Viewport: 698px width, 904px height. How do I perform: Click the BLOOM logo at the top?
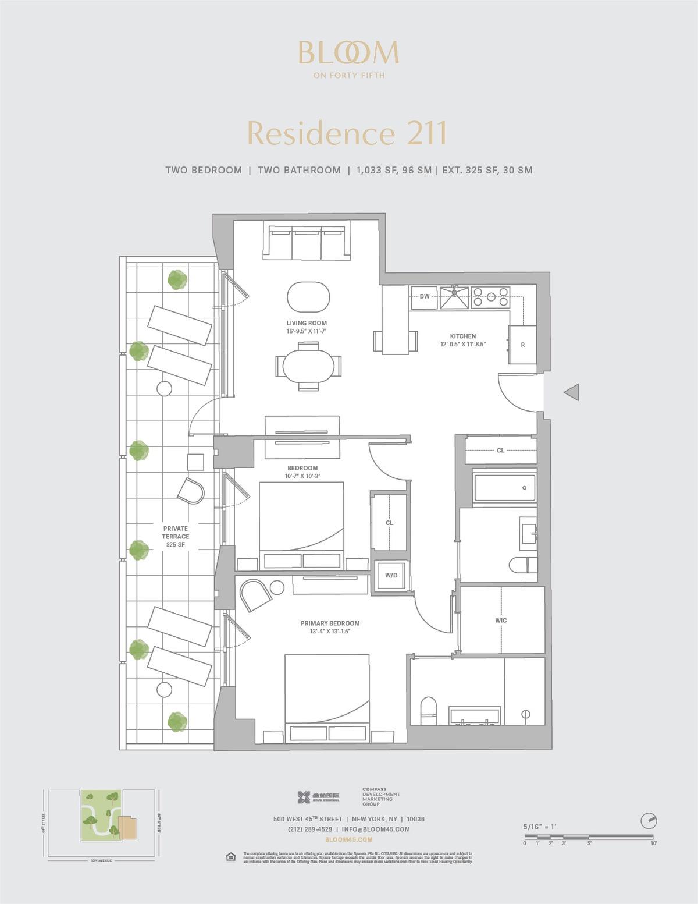pos(348,54)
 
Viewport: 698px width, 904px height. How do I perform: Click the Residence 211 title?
pos(347,133)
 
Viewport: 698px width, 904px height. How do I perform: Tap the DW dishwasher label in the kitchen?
pos(425,297)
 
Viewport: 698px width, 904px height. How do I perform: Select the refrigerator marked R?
pos(522,345)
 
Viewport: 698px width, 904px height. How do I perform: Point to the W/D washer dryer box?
pos(391,576)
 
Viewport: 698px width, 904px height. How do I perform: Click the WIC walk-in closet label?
pos(501,621)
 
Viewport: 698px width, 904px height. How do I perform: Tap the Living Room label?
pos(307,323)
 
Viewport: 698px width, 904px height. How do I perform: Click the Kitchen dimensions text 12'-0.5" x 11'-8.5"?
pos(463,344)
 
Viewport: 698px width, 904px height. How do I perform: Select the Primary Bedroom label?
pos(330,623)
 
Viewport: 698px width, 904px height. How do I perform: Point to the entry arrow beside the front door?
pos(571,392)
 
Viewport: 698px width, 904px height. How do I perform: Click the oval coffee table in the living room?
pos(308,296)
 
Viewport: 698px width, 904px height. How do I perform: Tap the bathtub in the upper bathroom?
pos(504,488)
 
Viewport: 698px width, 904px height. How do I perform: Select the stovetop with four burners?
pos(490,297)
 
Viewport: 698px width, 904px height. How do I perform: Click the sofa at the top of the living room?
pos(307,242)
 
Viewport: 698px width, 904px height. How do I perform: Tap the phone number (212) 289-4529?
pos(310,829)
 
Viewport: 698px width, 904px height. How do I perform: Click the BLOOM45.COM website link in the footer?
pos(348,839)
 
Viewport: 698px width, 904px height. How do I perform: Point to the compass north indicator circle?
pos(648,821)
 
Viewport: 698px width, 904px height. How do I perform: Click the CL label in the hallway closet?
pos(500,450)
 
